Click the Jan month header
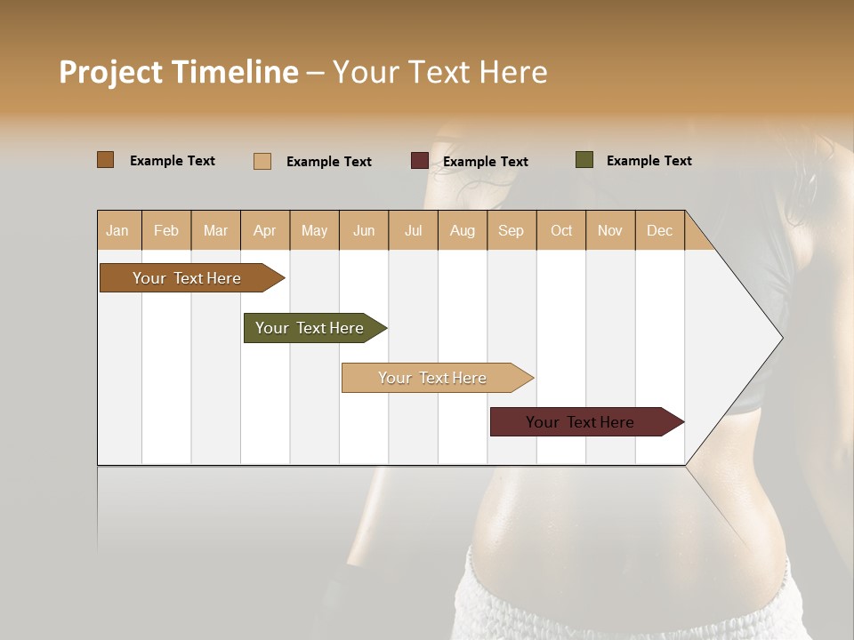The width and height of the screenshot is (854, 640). pos(117,230)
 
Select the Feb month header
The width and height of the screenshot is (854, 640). pos(166,230)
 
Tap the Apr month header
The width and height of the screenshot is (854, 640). pos(264,230)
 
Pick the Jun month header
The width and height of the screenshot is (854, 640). pos(364,230)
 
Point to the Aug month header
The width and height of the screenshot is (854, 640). pos(462,230)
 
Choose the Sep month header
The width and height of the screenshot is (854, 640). pos(511,230)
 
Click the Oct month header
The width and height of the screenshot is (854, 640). pos(561,230)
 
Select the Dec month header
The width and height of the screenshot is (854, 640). pos(659,230)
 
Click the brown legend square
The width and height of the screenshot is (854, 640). pos(106,160)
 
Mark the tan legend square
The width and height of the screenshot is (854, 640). pos(262,161)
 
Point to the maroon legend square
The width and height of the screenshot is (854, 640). pos(420,161)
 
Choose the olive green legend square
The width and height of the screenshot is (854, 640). pos(584,160)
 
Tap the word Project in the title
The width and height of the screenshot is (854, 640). pos(111,72)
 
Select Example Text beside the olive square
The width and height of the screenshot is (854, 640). pos(649,161)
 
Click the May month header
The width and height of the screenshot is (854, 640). pos(314,230)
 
